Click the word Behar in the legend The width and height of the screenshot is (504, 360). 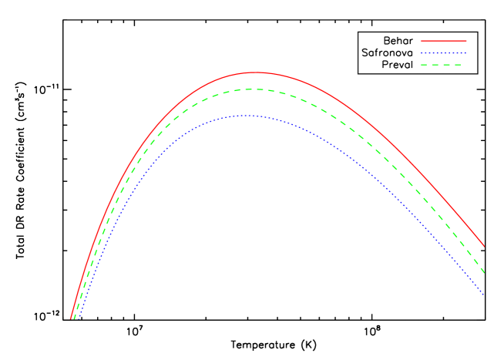398,40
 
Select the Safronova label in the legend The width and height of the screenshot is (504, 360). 387,52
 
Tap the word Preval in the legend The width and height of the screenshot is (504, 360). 398,65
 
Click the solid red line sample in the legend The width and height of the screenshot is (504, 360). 444,40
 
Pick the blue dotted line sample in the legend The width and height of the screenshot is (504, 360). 444,52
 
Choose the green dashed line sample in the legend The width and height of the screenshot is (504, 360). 444,65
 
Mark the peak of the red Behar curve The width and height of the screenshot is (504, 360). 254,72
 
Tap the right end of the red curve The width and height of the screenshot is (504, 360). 484,247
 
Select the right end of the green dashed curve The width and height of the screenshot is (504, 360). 484,273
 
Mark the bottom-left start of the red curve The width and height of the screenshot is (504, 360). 71,318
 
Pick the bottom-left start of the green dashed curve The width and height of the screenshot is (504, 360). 74,318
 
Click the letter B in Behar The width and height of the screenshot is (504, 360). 386,40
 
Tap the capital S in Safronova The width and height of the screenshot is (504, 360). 365,52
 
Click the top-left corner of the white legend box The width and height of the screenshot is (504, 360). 358,32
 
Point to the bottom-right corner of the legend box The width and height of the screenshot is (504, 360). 476,73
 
